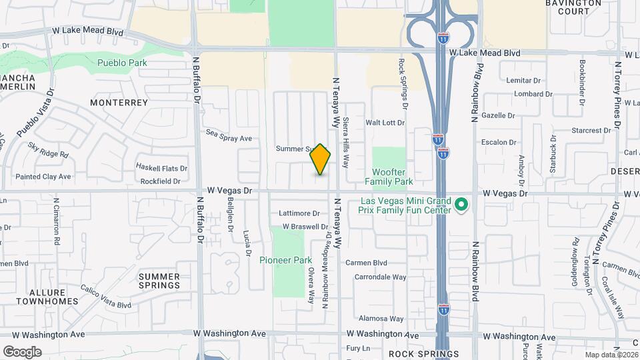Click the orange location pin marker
(321, 159)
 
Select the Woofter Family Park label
(389, 177)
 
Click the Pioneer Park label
(286, 260)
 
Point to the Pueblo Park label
(122, 63)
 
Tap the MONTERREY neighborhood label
(119, 103)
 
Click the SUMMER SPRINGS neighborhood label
(159, 281)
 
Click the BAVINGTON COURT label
(573, 7)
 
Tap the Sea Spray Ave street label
(229, 138)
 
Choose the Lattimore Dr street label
(299, 213)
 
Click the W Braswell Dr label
(308, 226)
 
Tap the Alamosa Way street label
(381, 319)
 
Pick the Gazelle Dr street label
(499, 115)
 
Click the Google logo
(22, 351)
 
